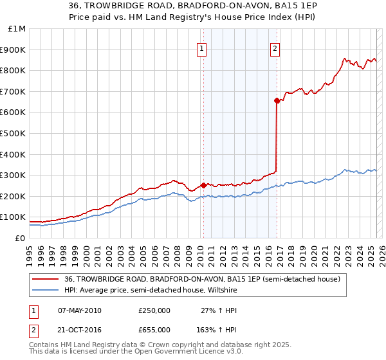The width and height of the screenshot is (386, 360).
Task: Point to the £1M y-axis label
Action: (15, 28)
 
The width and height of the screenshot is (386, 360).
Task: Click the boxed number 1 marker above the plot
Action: (202, 47)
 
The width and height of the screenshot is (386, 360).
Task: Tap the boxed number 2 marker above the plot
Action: (275, 47)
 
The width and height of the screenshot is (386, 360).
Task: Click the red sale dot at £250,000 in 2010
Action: (204, 185)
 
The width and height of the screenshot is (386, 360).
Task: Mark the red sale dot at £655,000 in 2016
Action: (277, 100)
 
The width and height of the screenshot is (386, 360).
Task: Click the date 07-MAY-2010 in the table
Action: (80, 310)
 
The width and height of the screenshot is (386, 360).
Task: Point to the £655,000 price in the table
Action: (154, 328)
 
